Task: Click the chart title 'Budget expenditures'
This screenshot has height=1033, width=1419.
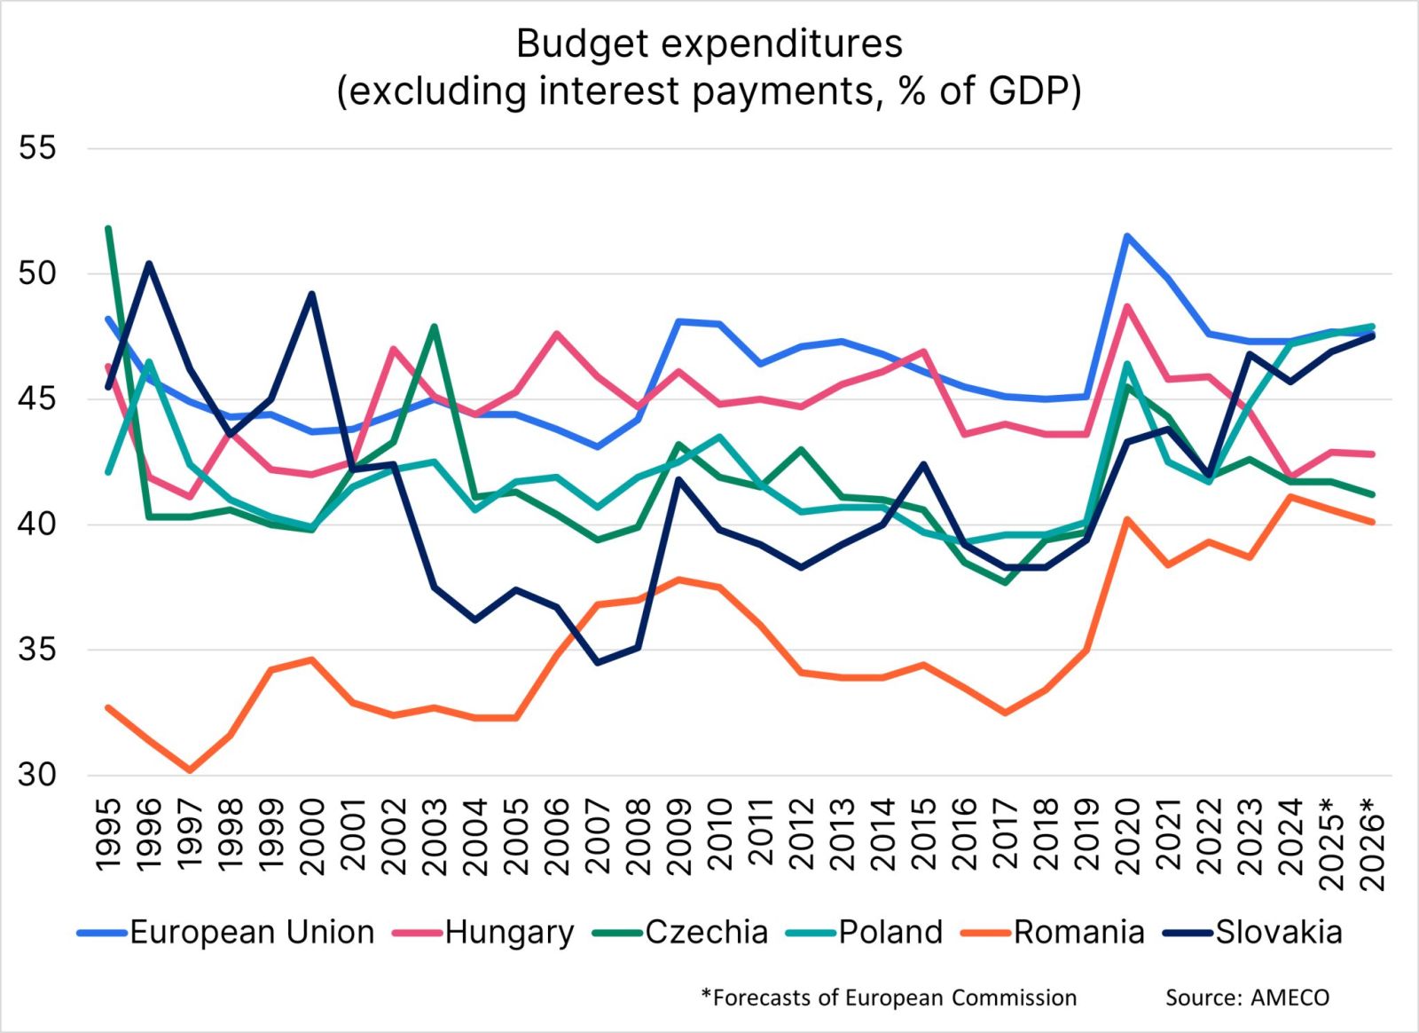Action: [709, 43]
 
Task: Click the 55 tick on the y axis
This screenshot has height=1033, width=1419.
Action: [37, 148]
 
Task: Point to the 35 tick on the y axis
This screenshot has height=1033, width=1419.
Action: [37, 650]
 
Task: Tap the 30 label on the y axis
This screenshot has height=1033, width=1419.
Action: [37, 775]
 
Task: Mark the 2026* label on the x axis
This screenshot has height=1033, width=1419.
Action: [1372, 843]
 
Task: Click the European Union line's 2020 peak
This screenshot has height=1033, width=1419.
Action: [1126, 236]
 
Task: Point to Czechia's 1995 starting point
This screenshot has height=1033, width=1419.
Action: [108, 228]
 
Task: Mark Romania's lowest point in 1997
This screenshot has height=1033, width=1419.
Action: [189, 770]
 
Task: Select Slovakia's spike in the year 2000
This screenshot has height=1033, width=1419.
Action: [312, 294]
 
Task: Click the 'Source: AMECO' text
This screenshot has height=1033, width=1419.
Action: [1247, 998]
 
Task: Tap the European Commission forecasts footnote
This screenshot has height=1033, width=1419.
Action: [889, 998]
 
